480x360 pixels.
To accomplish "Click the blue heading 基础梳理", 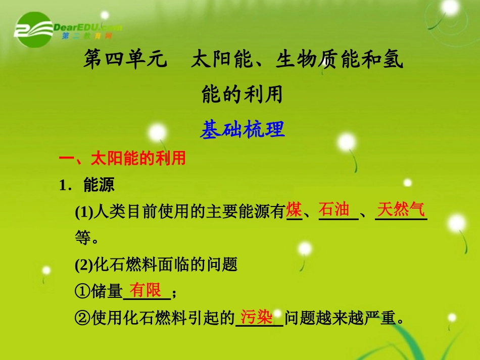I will point(243,130).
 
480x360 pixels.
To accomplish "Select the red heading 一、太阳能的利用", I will point(123,159).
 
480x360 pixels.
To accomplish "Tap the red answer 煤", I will point(294,209).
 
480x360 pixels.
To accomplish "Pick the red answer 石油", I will point(334,209).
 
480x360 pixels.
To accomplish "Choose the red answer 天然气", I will point(401,209).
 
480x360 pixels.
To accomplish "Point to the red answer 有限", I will point(146,290).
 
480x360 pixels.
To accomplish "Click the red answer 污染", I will point(257,317).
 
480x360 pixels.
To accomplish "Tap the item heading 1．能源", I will point(87,185).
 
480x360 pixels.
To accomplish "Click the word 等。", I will point(87,237).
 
